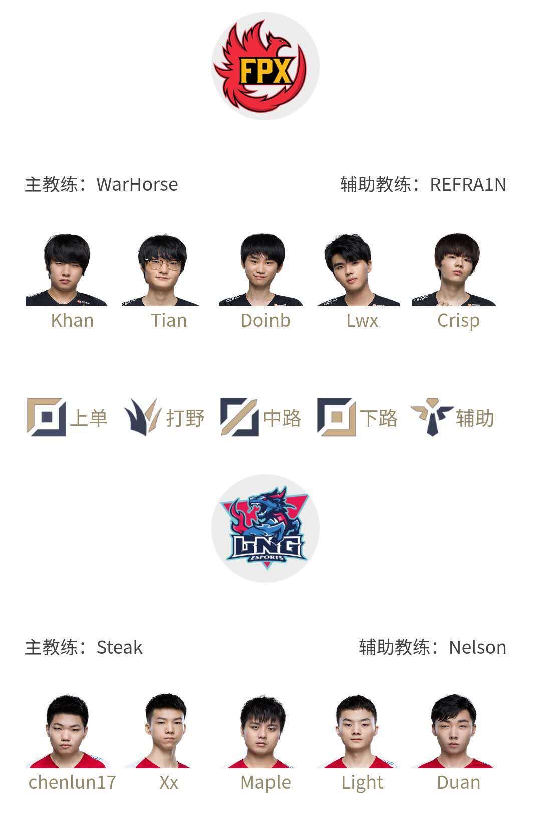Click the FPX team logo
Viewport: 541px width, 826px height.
coord(265,66)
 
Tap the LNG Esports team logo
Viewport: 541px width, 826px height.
coord(265,528)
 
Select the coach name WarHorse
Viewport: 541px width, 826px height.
coord(137,184)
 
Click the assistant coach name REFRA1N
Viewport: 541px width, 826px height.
coord(468,185)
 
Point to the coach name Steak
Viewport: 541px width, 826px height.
coord(120,647)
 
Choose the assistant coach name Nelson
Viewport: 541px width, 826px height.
coord(477,647)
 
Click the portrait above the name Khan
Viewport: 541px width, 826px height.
coord(67,269)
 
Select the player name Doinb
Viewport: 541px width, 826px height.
coord(265,320)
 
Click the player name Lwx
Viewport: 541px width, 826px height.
coord(362,320)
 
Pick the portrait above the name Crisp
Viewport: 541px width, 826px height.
coord(454,269)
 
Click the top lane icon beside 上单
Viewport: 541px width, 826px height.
coord(47,417)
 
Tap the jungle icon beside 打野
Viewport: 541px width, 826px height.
coord(143,417)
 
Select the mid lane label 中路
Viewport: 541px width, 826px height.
coord(282,418)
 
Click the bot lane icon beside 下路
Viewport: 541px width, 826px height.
coord(336,417)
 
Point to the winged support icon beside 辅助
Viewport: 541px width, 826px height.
coord(432,417)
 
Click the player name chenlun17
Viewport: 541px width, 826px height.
coord(72,782)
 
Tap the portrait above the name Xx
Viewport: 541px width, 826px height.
coord(160,731)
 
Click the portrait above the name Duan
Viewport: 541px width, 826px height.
coord(453,731)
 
